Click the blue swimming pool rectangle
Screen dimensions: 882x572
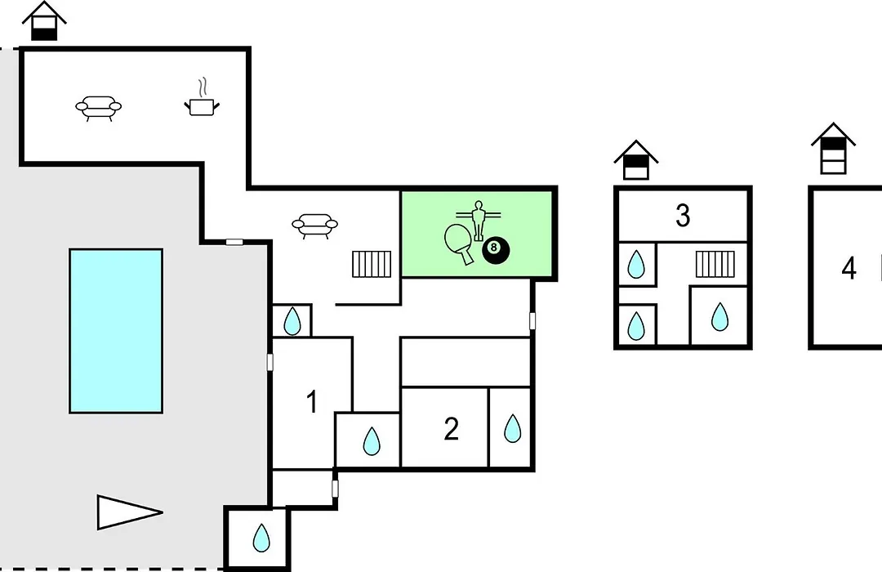click(116, 331)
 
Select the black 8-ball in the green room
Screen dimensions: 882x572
click(496, 250)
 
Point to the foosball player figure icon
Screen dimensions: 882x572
click(479, 220)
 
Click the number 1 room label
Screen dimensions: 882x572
click(312, 402)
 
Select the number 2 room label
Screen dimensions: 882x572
click(451, 429)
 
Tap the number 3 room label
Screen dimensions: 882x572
click(683, 215)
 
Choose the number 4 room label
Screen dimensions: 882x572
click(849, 268)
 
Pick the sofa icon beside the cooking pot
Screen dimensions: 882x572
click(99, 108)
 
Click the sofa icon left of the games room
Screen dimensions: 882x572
click(315, 226)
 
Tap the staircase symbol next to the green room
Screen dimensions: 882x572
click(372, 264)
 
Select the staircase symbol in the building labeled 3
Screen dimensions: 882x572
click(715, 264)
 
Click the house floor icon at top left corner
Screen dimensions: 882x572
click(44, 20)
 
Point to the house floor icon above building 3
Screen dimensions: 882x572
click(635, 160)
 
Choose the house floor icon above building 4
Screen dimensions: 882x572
click(833, 148)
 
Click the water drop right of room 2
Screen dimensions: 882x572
click(512, 428)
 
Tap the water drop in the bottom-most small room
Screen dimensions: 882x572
click(261, 538)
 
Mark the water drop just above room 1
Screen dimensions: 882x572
click(292, 321)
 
